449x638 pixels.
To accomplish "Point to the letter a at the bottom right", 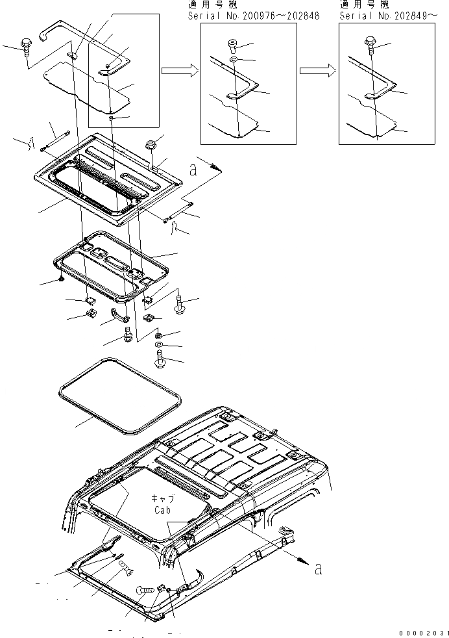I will [x=318, y=569].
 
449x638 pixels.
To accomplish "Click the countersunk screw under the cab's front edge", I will [x=126, y=572].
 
